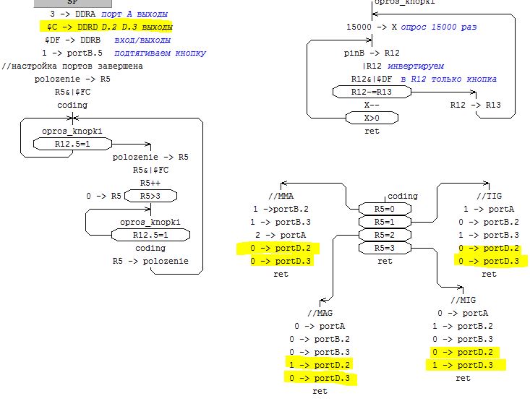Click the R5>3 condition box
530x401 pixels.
[x=150, y=196]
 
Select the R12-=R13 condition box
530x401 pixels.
[x=371, y=92]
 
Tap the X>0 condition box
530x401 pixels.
[x=371, y=118]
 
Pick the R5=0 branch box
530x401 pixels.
[x=384, y=209]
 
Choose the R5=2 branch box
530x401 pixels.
[x=384, y=235]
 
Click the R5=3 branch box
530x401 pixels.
[x=384, y=248]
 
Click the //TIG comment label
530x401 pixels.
[x=489, y=196]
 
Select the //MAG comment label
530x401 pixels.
[x=319, y=313]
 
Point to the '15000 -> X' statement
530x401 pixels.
[x=372, y=27]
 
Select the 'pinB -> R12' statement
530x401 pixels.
[x=371, y=53]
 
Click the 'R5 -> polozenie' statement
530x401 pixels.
[x=150, y=261]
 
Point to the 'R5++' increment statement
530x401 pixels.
[x=150, y=183]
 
